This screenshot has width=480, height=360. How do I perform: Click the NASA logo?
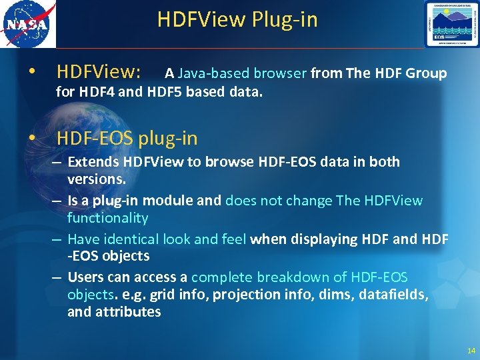pos(28,24)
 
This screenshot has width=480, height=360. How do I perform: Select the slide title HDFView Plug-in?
pos(237,19)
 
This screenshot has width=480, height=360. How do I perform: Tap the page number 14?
pos(471,351)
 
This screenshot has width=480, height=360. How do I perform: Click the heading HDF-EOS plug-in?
pos(127,138)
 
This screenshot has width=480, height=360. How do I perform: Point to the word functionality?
pos(107,218)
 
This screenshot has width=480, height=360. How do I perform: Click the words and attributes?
pos(114,311)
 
